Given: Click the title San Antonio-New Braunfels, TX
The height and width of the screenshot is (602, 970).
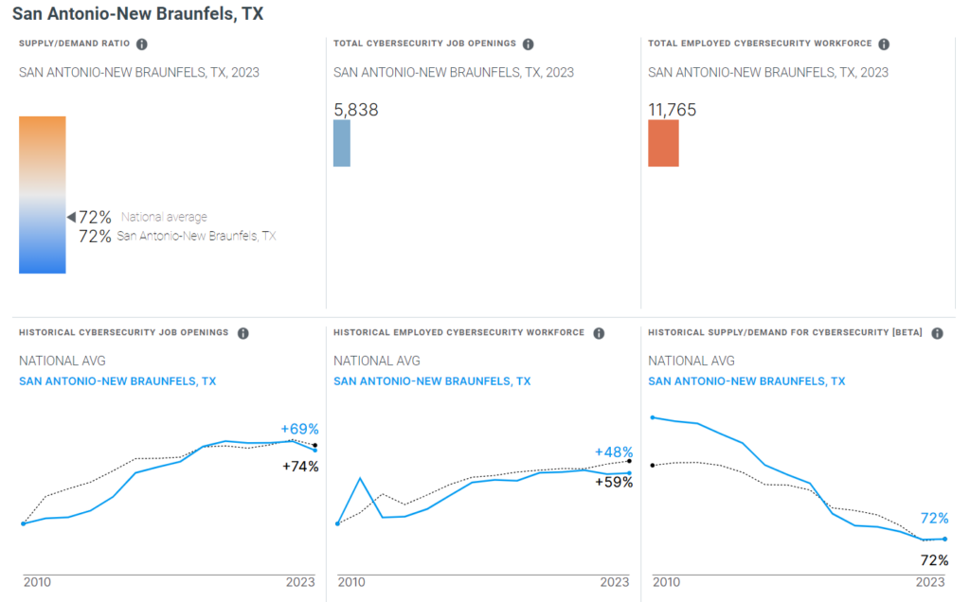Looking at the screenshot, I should pos(137,14).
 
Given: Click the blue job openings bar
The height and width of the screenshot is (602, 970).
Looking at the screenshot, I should pos(342,143).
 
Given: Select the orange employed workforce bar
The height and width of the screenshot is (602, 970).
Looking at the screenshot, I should pos(663,143).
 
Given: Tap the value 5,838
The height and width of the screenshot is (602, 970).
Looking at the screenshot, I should pos(356,110).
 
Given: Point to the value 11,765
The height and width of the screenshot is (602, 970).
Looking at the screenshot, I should pos(672,110).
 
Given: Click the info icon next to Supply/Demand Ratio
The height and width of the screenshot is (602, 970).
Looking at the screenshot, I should pos(142,44).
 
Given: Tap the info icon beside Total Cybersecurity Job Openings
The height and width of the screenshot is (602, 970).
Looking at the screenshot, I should pos(529,44).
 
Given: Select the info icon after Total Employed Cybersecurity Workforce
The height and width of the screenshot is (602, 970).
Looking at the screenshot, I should pos(883,44).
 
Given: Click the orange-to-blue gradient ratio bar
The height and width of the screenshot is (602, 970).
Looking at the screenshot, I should pos(43,194).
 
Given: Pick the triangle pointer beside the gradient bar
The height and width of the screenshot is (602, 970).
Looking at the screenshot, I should pos(70,218).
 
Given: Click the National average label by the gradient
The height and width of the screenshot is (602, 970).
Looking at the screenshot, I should pos(164,218).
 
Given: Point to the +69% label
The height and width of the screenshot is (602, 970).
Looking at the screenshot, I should pos(300,429).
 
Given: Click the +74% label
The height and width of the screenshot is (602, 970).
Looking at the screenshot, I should pos(300,466).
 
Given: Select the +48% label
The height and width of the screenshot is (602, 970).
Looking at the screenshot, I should pos(614,452).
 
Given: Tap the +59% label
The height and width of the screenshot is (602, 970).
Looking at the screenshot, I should pos(614,482).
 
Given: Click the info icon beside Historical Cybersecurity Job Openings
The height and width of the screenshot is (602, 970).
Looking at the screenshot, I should pos(243,333).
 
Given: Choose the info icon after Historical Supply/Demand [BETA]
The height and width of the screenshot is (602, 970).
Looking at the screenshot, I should pos(937,333).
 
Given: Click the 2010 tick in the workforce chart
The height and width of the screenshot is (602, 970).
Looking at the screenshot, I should pos(351,582).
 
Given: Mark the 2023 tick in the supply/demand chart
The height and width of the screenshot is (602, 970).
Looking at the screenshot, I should pos(930,582).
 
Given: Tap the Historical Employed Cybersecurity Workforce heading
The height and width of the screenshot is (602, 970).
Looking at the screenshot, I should pos(459,333).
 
